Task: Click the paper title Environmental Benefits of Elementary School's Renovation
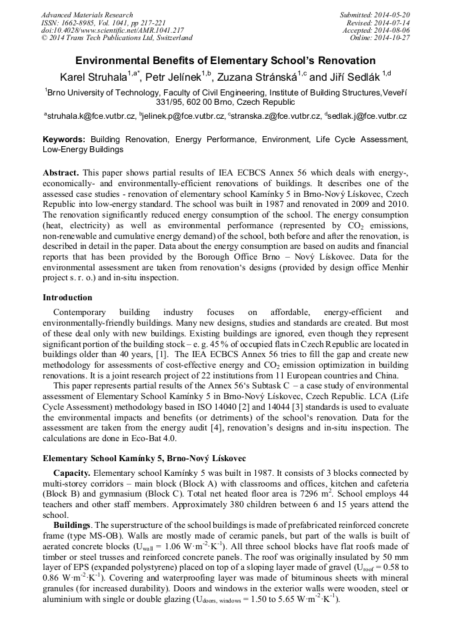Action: [x=225, y=60]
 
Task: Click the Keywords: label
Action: [x=64, y=140]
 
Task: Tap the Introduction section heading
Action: [x=67, y=298]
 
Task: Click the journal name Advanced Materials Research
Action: [x=87, y=15]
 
